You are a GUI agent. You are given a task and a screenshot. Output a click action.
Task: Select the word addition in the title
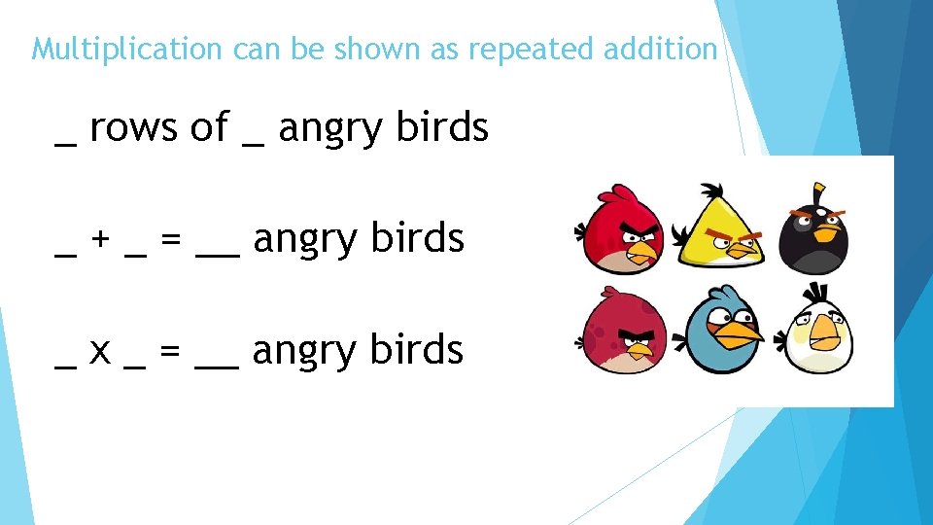click(660, 49)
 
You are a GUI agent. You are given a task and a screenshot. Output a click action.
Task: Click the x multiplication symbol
click(100, 351)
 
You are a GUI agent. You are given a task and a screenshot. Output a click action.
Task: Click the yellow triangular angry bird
click(719, 230)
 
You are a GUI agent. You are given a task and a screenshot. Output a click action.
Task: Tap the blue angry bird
click(724, 333)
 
